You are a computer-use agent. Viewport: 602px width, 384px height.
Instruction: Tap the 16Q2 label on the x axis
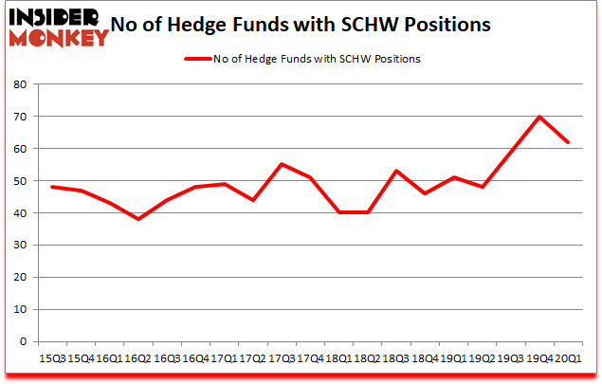coord(138,359)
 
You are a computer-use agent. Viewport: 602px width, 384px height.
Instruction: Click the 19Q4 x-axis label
coord(539,359)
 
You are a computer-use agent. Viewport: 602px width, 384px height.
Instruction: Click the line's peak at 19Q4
coord(539,117)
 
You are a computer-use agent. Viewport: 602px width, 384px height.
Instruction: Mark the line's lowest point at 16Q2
coord(138,219)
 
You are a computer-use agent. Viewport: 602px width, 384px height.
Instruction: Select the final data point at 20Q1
coord(569,142)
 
